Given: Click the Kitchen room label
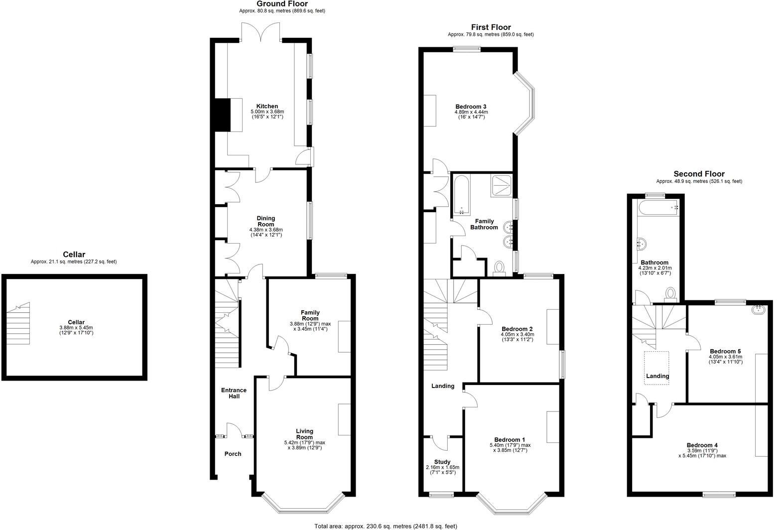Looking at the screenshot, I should [267, 106].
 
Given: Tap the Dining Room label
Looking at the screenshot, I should [265, 221].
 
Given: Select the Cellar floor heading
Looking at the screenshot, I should [74, 255].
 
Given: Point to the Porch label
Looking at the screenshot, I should [233, 454].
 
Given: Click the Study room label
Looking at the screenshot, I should [442, 462].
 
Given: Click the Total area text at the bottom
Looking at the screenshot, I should [386, 526].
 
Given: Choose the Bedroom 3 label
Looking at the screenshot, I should [471, 106].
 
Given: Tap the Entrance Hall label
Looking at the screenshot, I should [234, 393].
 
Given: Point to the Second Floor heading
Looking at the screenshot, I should [699, 174].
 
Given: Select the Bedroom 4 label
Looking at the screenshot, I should [702, 445].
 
